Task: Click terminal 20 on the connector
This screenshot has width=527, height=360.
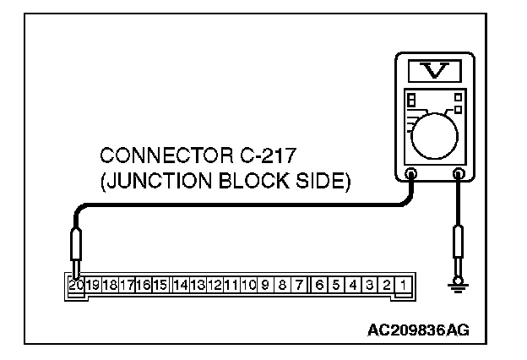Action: [x=76, y=286]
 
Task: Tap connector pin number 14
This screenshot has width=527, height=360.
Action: [x=180, y=286]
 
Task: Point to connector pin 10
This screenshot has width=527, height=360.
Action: [x=248, y=286]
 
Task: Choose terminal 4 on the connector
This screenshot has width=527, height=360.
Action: [x=354, y=286]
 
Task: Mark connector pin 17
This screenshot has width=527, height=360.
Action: [x=127, y=286]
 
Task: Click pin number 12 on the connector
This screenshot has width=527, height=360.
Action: [x=215, y=286]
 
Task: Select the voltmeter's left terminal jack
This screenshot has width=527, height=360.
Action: [x=410, y=176]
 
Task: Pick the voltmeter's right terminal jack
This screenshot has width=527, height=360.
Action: [x=459, y=176]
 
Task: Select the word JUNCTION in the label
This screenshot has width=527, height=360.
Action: [x=160, y=182]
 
